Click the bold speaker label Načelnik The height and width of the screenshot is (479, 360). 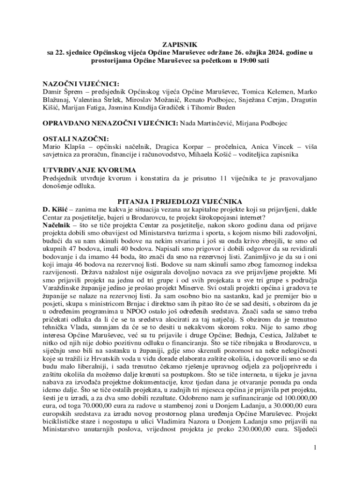(57, 225)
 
